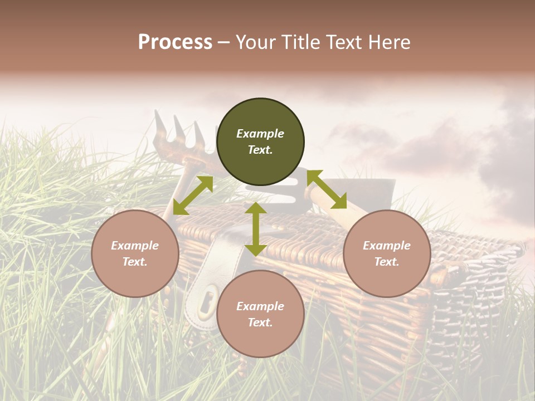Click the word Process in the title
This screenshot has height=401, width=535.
[175, 42]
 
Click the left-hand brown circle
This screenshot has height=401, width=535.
[135, 253]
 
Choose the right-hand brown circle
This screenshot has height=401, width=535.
[387, 253]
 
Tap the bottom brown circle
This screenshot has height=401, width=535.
[260, 314]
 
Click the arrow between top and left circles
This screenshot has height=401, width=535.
[193, 195]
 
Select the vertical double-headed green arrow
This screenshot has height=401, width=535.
[256, 229]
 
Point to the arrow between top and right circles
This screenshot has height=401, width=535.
[327, 189]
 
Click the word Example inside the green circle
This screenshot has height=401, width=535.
[260, 134]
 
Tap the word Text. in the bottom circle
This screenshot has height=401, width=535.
[260, 322]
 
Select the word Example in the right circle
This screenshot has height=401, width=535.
[387, 246]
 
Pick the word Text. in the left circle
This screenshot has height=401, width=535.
[135, 262]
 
